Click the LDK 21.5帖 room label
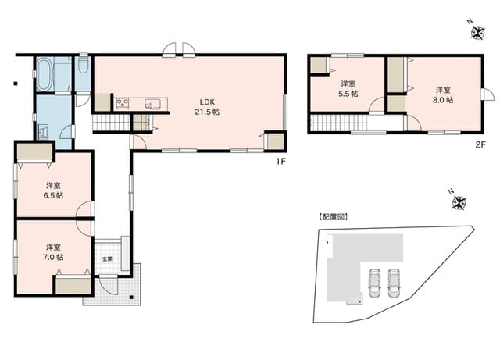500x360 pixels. pyautogui.click(x=207, y=107)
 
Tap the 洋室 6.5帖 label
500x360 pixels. pyautogui.click(x=53, y=191)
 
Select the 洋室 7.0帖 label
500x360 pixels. pyautogui.click(x=53, y=252)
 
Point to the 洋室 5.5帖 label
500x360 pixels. pyautogui.click(x=348, y=89)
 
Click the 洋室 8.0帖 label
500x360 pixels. pyautogui.click(x=443, y=95)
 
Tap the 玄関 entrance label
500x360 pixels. pyautogui.click(x=108, y=259)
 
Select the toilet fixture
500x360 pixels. pyautogui.click(x=83, y=65)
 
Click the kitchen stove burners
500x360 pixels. pyautogui.click(x=123, y=104)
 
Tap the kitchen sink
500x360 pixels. pyautogui.click(x=152, y=104)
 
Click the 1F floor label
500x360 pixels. pyautogui.click(x=280, y=162)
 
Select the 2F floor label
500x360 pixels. pyautogui.click(x=480, y=144)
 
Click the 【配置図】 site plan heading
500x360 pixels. pyautogui.click(x=334, y=217)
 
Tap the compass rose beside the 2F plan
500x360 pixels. pyautogui.click(x=477, y=32)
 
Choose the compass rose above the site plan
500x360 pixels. pyautogui.click(x=459, y=202)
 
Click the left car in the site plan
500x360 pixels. pyautogui.click(x=374, y=283)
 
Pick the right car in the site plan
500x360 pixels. pyautogui.click(x=394, y=283)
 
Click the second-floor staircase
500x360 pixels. pyautogui.click(x=338, y=123)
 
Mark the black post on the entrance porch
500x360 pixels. pyautogui.click(x=131, y=298)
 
